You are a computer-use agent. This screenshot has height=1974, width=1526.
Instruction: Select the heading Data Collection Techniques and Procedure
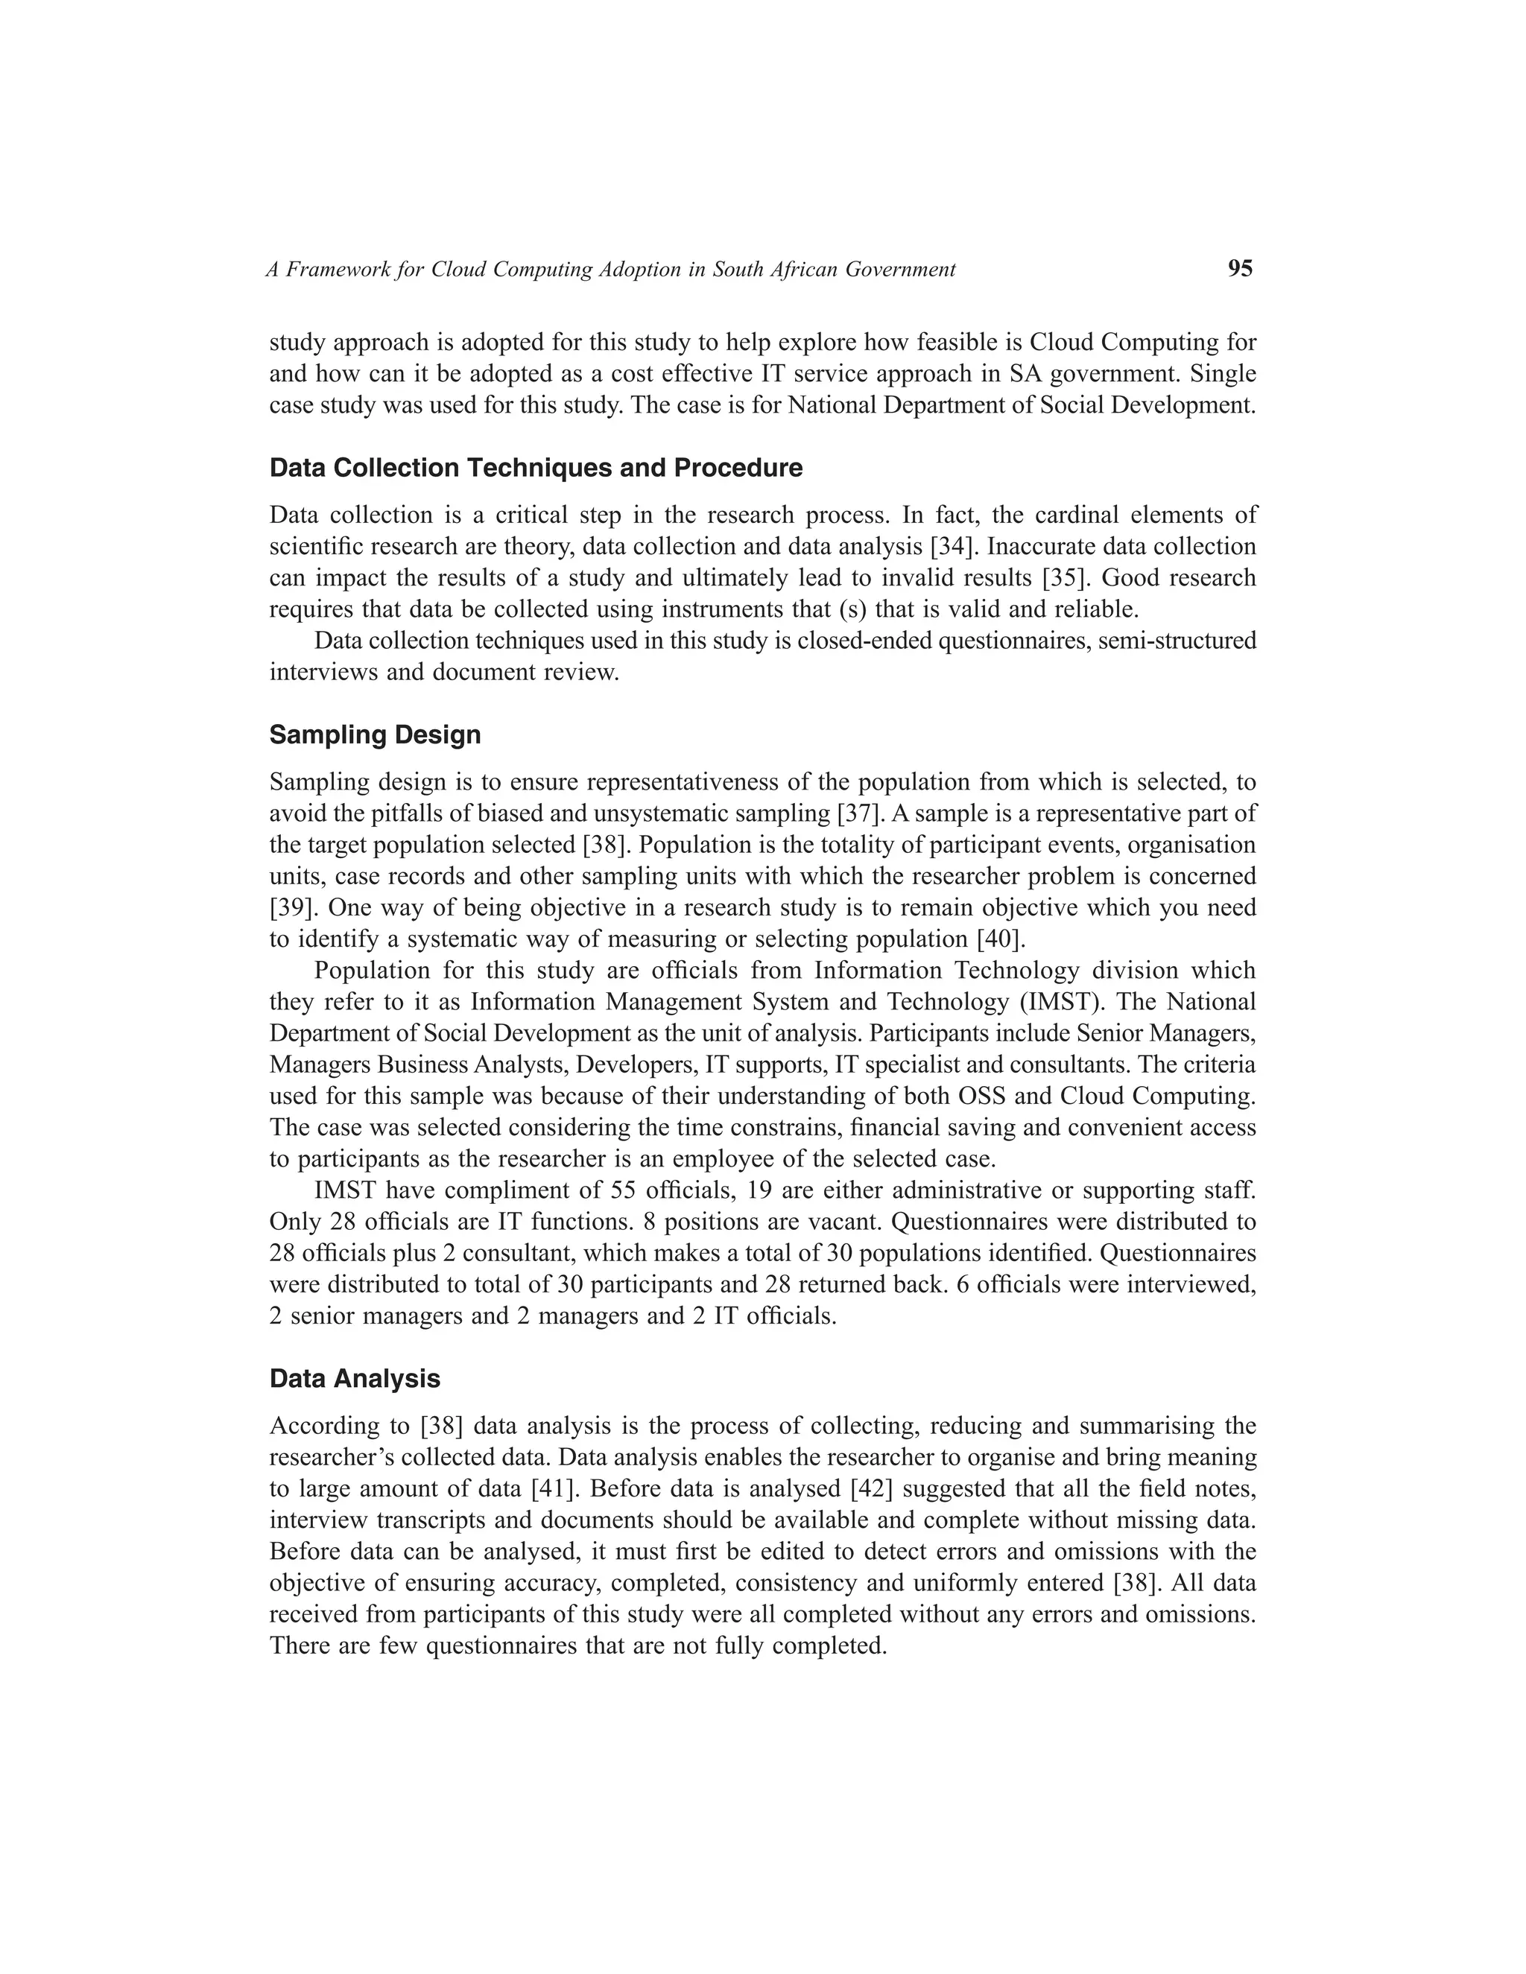[535, 469]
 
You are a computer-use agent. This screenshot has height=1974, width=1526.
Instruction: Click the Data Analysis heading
[355, 1378]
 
